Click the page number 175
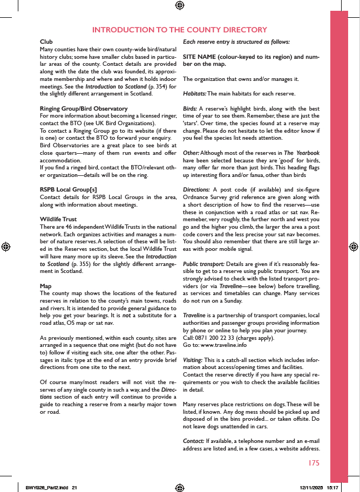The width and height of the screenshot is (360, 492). (x=314, y=463)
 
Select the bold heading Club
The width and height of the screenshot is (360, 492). (x=46, y=42)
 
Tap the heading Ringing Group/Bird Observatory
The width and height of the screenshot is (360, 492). (x=84, y=108)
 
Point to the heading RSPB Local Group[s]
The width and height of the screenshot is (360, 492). (x=69, y=190)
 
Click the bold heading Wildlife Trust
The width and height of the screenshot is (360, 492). (x=58, y=220)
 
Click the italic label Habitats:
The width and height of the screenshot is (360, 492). (x=195, y=94)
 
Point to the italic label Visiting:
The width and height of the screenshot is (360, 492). (x=193, y=360)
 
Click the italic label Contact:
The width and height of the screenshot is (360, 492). (x=193, y=441)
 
